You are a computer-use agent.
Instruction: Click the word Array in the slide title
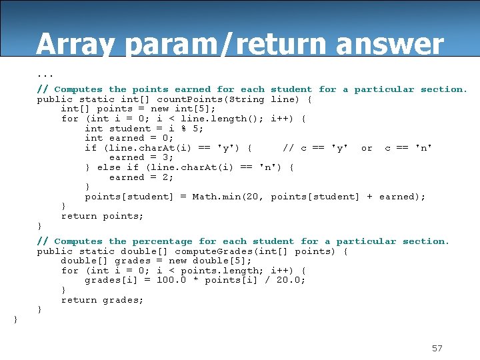[75, 45]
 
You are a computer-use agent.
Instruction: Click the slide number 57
[437, 348]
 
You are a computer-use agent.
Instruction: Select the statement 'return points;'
[103, 216]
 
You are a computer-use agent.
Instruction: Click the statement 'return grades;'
[103, 300]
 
